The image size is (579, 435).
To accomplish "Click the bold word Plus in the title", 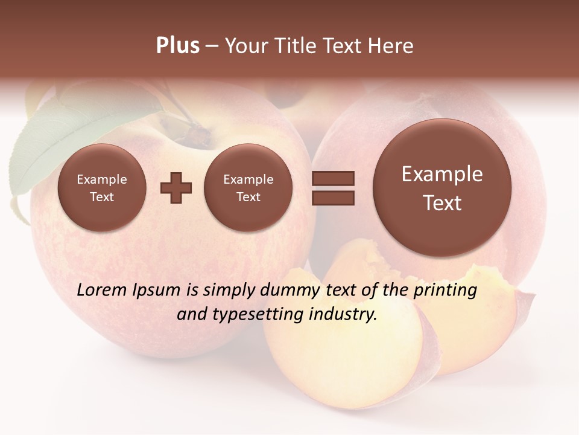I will tap(177, 46).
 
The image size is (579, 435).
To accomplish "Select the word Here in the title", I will tap(391, 46).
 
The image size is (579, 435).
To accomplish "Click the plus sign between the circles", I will tap(176, 188).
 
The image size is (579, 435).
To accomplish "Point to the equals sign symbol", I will tap(332, 187).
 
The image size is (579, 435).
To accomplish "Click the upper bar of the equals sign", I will tap(332, 178).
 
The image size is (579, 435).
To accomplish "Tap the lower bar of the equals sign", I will tap(332, 197).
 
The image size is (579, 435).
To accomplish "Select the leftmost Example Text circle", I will tap(102, 188).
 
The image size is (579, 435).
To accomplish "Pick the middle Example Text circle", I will tap(248, 188).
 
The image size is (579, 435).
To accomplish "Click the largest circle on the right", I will tap(442, 188).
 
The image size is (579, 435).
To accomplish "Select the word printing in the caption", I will tap(446, 291).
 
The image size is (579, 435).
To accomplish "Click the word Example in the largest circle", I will tap(442, 174).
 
